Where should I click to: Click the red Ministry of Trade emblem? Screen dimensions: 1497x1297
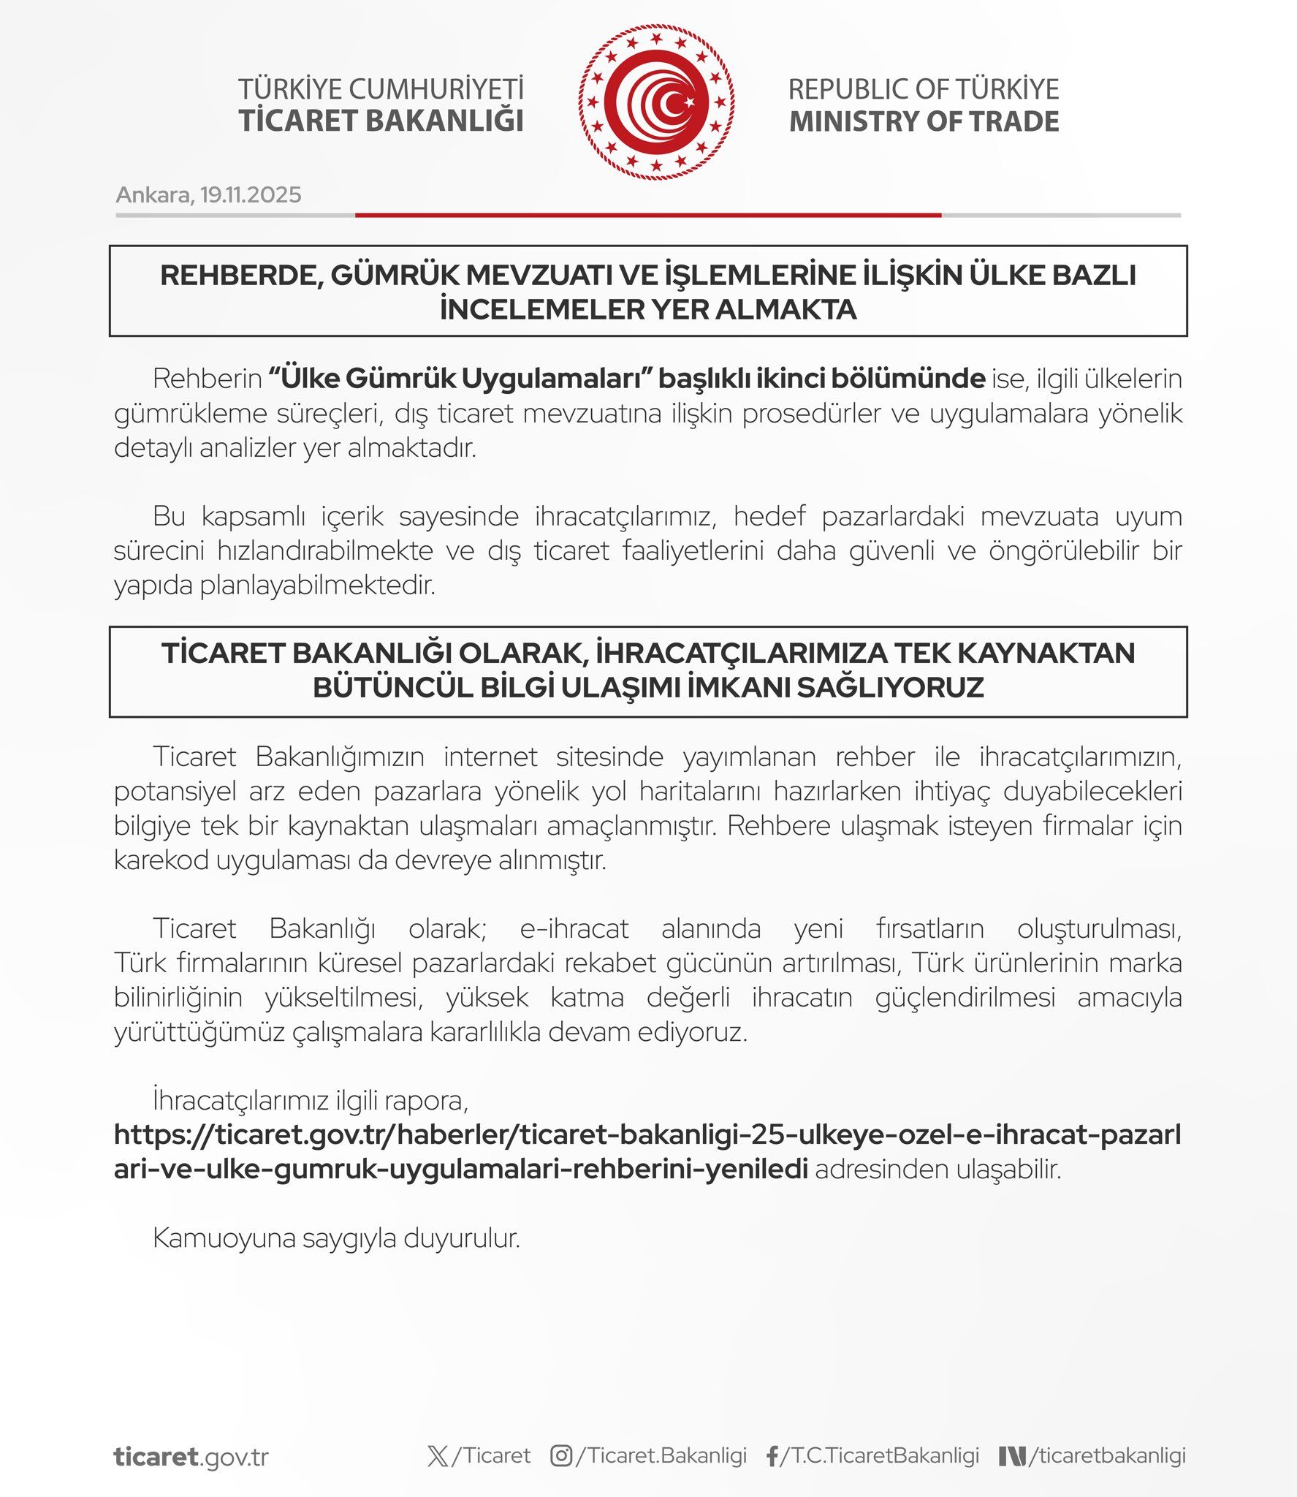coord(655,103)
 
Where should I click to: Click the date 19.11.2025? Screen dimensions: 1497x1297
coord(251,195)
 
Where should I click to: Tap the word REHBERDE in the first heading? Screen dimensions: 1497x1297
coord(240,276)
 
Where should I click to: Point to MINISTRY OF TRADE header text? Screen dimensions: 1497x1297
coord(924,121)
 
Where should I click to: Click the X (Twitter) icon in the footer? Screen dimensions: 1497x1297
coord(438,1456)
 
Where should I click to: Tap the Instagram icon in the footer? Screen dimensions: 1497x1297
coord(560,1456)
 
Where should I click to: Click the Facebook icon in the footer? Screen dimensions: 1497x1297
coord(772,1457)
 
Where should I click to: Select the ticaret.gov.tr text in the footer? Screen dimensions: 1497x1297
coord(191,1457)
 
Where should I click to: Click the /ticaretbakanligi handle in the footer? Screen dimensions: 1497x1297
coord(1106,1455)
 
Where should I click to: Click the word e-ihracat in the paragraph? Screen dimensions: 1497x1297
coord(574,928)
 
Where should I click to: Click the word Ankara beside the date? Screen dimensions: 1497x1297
coord(153,195)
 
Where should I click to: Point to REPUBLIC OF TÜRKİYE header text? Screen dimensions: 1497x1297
coord(924,89)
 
